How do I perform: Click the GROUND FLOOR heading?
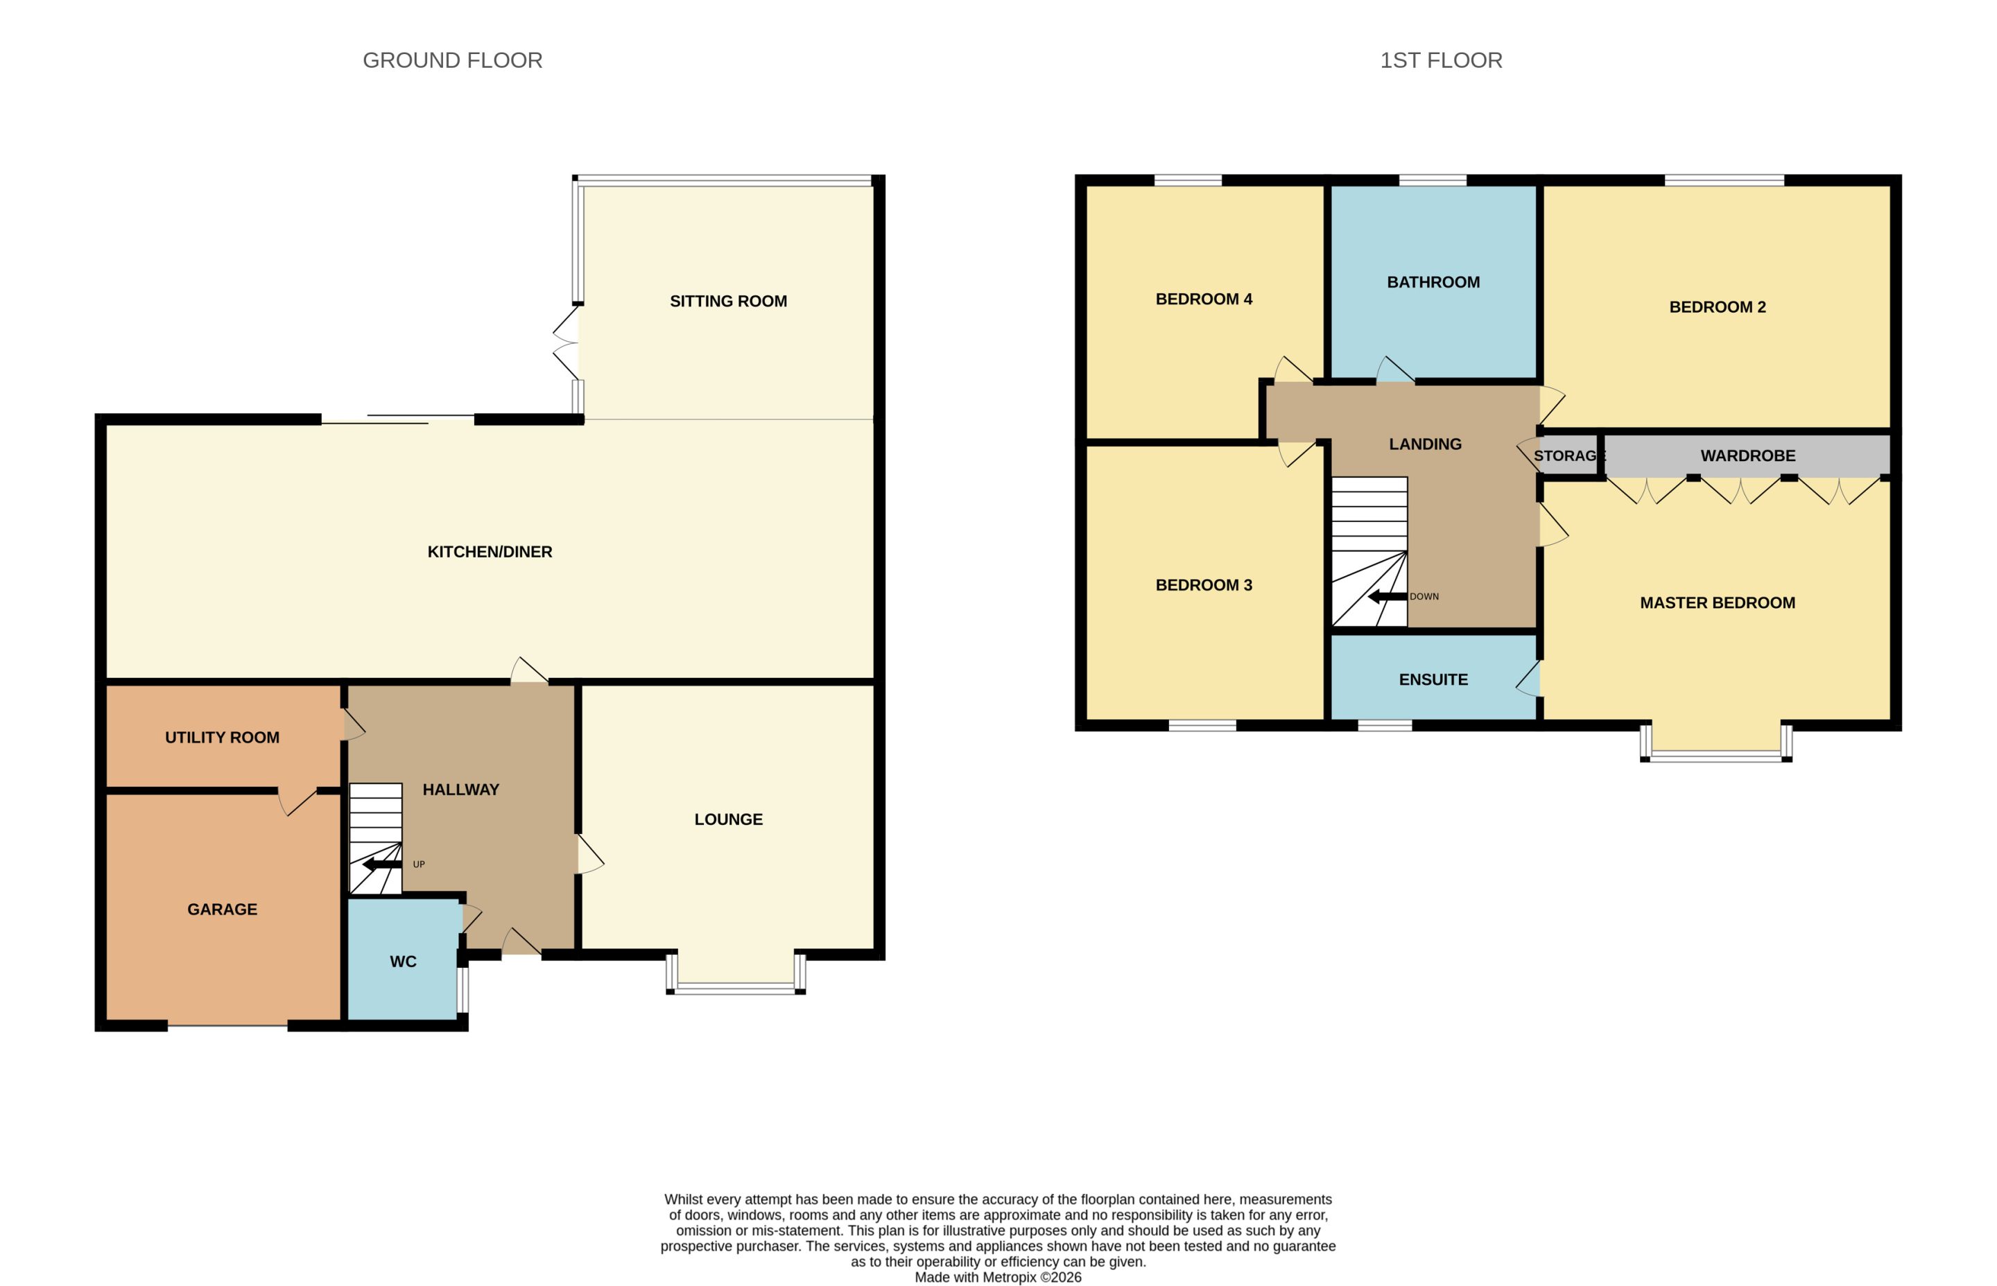coord(452,60)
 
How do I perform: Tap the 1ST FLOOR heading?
coord(1441,60)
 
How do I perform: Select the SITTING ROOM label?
coord(728,302)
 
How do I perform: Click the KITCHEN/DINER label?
coord(490,552)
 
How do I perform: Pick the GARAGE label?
coord(222,910)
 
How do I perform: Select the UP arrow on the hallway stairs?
coord(381,864)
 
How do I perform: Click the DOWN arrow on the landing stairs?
coord(1387,596)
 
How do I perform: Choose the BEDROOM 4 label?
coord(1204,299)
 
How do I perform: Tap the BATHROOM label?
coord(1433,282)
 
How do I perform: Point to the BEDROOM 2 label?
coord(1717,307)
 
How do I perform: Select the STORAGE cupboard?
coord(1568,455)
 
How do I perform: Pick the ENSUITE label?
coord(1433,679)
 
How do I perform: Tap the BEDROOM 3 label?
coord(1204,585)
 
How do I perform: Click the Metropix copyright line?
coord(998,1278)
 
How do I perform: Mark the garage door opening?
coord(227,1025)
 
